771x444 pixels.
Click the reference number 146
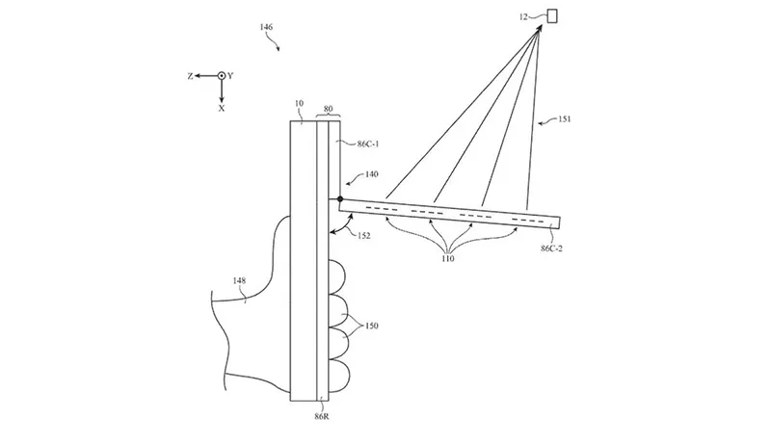pyautogui.click(x=266, y=28)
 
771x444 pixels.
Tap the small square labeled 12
pyautogui.click(x=553, y=14)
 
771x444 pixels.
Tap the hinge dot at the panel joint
pyautogui.click(x=340, y=199)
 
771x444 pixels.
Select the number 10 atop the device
pyautogui.click(x=298, y=100)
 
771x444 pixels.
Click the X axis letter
pyautogui.click(x=221, y=109)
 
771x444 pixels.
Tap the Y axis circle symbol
pyautogui.click(x=221, y=75)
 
